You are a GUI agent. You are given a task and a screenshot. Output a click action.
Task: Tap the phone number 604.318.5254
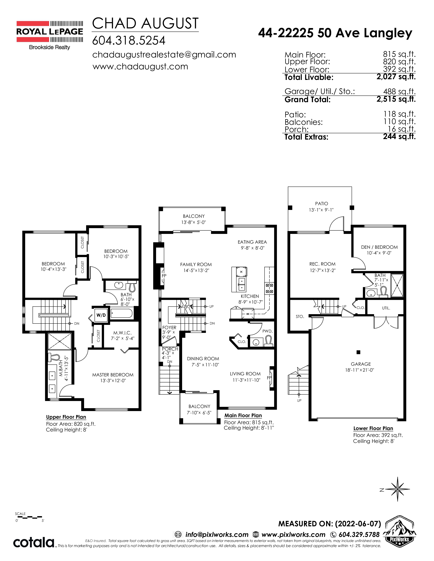tap(128, 40)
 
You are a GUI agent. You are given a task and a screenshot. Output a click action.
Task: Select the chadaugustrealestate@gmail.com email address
tap(164, 55)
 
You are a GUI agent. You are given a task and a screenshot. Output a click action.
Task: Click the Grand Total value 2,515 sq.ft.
tap(396, 99)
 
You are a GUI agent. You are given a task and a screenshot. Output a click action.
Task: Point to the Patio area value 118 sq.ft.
tap(400, 114)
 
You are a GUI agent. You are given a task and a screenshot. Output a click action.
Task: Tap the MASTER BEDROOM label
tap(113, 375)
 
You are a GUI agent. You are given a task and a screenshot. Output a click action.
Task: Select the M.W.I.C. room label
tap(122, 333)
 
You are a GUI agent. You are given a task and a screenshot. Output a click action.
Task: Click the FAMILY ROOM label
tap(196, 264)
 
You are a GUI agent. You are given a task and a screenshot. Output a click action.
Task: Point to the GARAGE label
tap(361, 364)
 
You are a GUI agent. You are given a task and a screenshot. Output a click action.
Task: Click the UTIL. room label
tap(386, 308)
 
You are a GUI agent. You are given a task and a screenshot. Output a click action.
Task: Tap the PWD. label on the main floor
tap(267, 331)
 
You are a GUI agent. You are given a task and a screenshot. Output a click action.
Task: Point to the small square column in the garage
tap(358, 352)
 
